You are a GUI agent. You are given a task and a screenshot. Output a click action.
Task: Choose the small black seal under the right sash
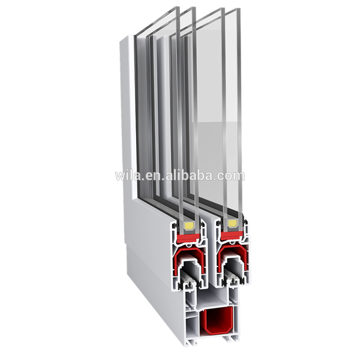pyautogui.click(x=236, y=278)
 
